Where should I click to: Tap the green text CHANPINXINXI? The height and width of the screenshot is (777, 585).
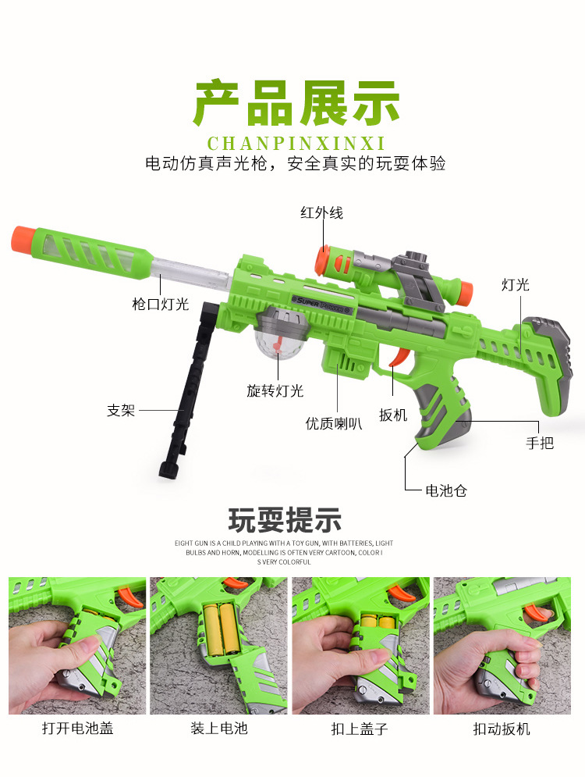pyautogui.click(x=296, y=144)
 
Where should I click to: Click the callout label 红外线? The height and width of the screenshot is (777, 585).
pyautogui.click(x=321, y=212)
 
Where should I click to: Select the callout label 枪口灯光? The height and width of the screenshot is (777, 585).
pyautogui.click(x=160, y=304)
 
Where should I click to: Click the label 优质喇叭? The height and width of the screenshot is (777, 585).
pyautogui.click(x=333, y=423)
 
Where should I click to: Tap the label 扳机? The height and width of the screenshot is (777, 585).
pyautogui.click(x=393, y=415)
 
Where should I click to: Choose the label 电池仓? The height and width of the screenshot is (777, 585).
pyautogui.click(x=445, y=490)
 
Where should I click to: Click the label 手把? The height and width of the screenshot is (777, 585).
pyautogui.click(x=540, y=443)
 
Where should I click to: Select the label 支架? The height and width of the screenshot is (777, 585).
pyautogui.click(x=121, y=410)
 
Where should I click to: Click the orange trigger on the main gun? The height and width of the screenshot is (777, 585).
pyautogui.click(x=398, y=358)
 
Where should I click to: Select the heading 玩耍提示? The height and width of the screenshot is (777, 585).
pyautogui.click(x=285, y=519)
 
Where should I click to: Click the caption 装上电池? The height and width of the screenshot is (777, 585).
pyautogui.click(x=219, y=729)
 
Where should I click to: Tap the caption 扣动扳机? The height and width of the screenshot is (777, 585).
pyautogui.click(x=502, y=729)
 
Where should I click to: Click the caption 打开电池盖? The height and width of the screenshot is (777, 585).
pyautogui.click(x=77, y=729)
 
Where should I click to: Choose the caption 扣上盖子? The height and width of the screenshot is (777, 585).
pyautogui.click(x=360, y=729)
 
